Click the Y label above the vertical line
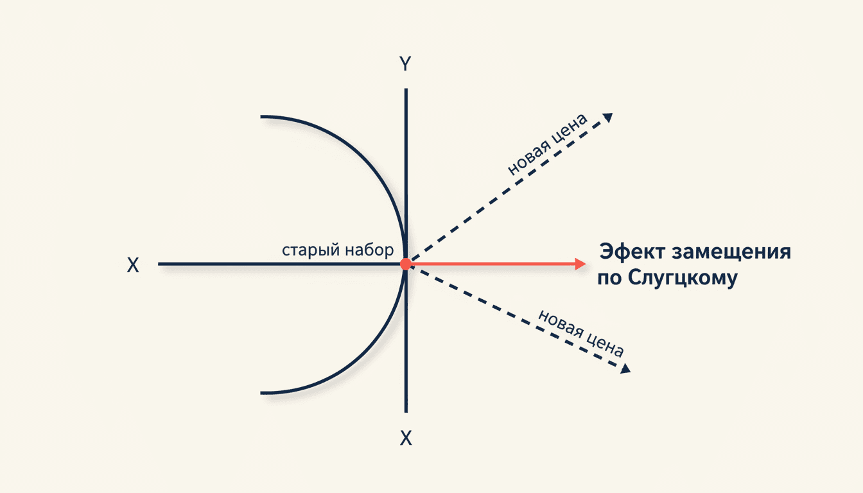tap(405, 64)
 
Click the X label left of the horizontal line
tap(133, 265)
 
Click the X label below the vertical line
tap(406, 438)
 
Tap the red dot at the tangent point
tap(406, 264)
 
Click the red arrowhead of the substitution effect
tap(580, 264)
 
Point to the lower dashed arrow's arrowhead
tap(625, 369)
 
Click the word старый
tap(311, 251)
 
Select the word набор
tap(369, 250)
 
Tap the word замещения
tap(731, 253)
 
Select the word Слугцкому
tap(683, 278)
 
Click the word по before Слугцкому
tap(609, 279)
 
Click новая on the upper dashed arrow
tap(527, 158)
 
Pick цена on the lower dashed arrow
tap(604, 345)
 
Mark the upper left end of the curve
tap(261, 116)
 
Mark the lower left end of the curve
tap(261, 394)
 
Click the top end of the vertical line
tap(406, 89)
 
